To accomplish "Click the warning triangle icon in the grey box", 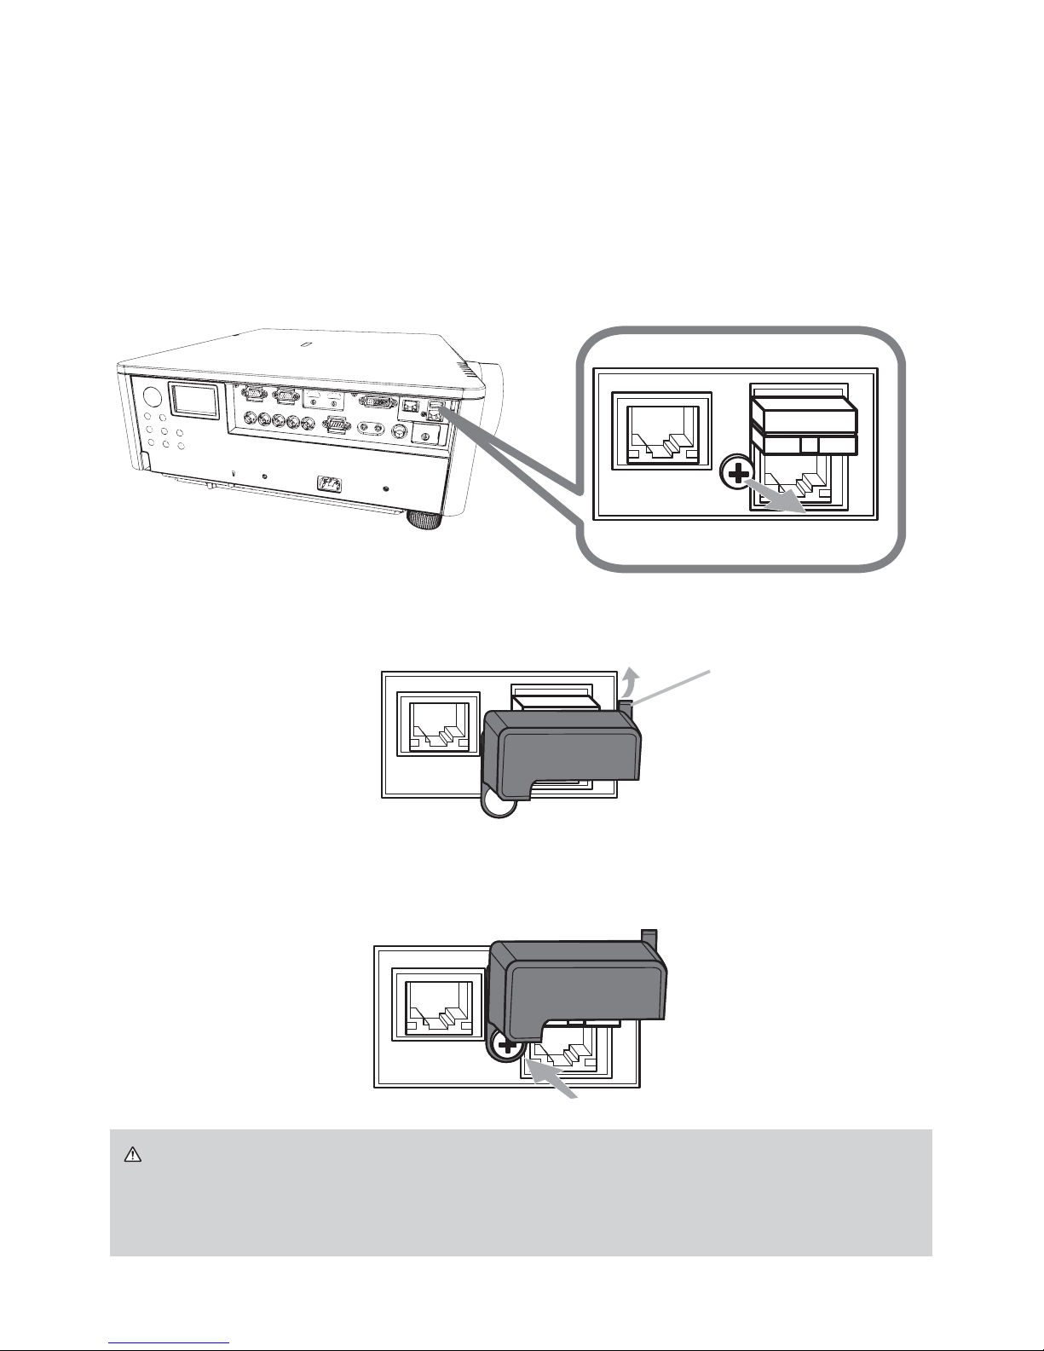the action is (x=131, y=1155).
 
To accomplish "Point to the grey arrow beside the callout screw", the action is (x=781, y=495).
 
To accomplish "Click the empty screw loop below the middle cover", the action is (x=495, y=805).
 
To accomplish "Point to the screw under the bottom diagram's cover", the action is (x=507, y=1045).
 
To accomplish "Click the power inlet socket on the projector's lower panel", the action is (x=330, y=484).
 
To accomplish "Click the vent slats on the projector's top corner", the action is (x=465, y=368).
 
